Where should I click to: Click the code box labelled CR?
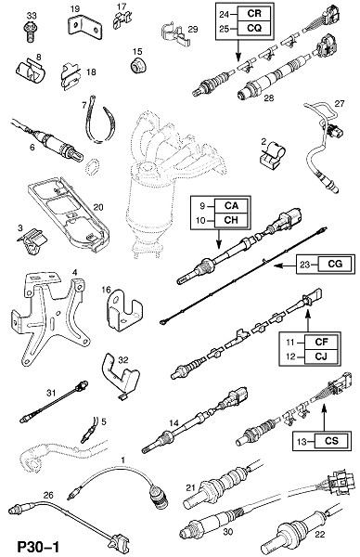click(x=254, y=14)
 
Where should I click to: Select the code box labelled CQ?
click(x=254, y=28)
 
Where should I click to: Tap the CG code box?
click(x=336, y=264)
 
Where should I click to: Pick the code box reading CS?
click(x=331, y=441)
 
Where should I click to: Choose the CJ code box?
click(x=321, y=356)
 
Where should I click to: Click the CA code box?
click(x=231, y=206)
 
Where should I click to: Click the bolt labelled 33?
click(x=31, y=32)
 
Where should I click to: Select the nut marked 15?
click(x=137, y=65)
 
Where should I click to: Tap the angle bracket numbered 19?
click(x=84, y=27)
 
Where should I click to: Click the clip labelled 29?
click(x=174, y=33)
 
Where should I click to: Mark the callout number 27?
click(x=340, y=103)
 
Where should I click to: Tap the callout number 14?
click(x=174, y=422)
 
